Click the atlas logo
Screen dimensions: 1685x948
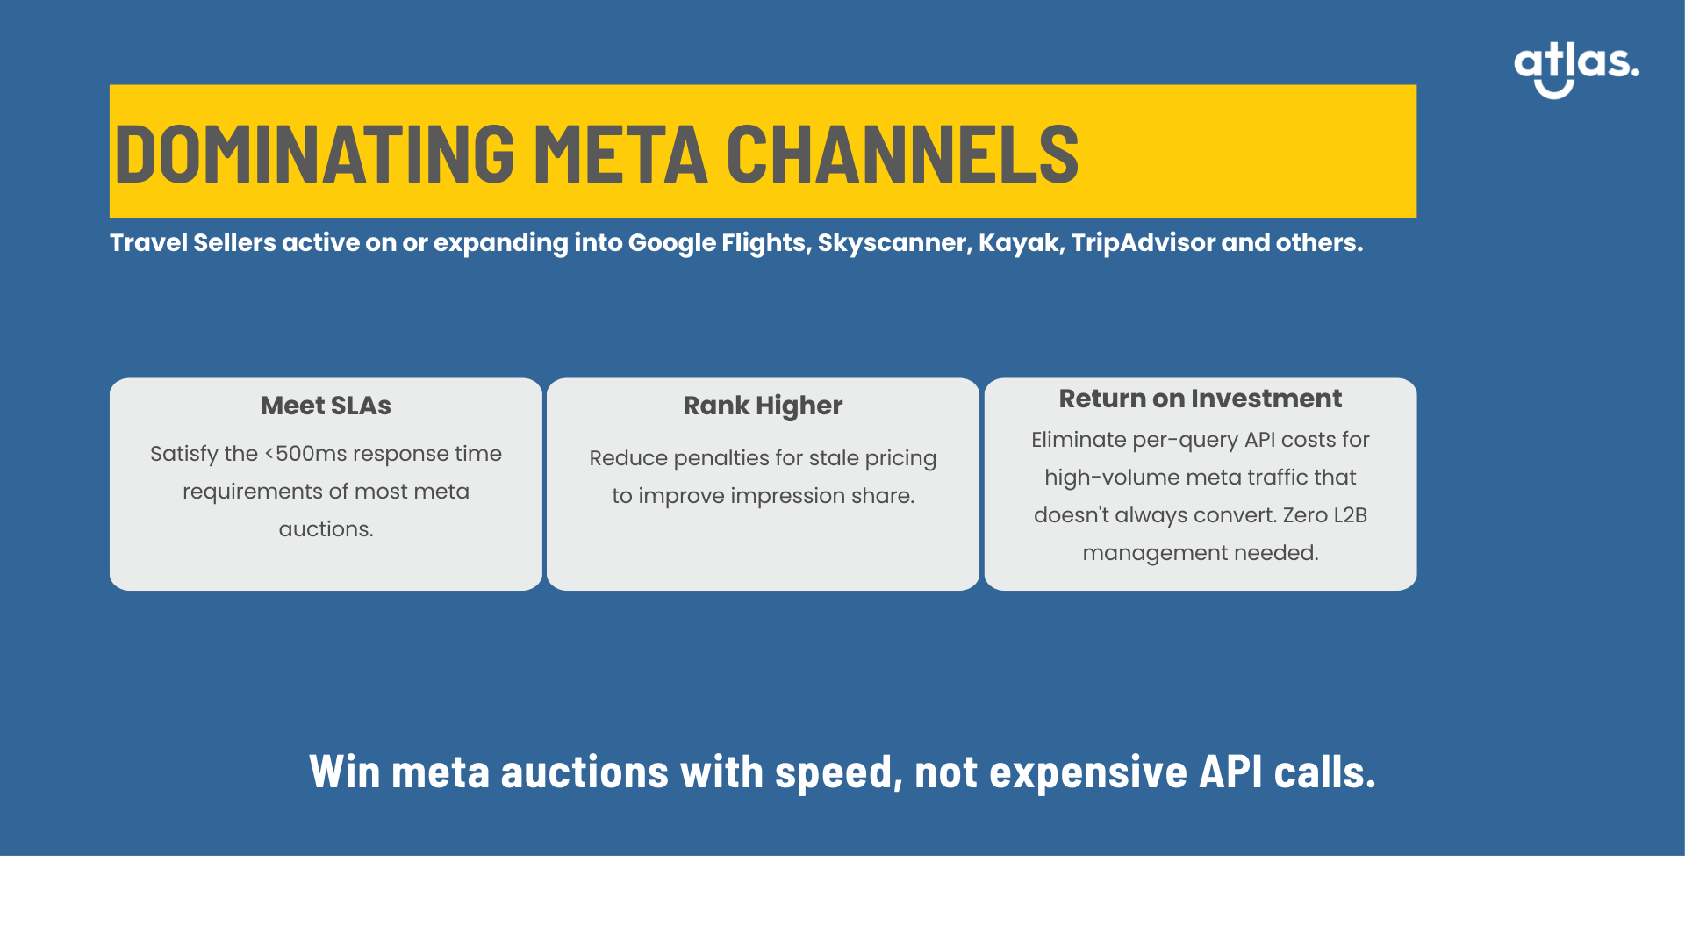[x=1576, y=69]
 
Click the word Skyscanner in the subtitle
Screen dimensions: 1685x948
[x=895, y=243]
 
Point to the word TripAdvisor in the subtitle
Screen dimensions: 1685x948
[x=1144, y=243]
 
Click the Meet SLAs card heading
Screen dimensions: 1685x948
[x=326, y=406]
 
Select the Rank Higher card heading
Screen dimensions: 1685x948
[x=763, y=406]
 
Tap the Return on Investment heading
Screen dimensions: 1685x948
[x=1201, y=399]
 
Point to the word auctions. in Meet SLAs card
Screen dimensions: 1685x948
[x=326, y=529]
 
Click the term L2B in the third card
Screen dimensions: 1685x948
[x=1350, y=515]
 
